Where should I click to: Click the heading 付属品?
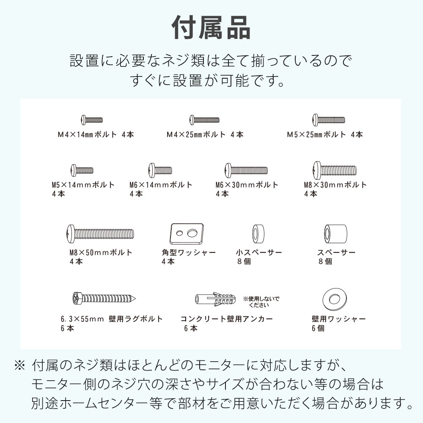click(x=211, y=27)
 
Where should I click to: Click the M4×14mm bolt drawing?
click(x=92, y=120)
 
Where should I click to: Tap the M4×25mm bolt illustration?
click(x=204, y=120)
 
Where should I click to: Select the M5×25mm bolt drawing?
click(x=329, y=120)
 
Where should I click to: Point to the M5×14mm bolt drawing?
click(x=82, y=170)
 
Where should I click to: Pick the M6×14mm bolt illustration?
click(x=160, y=170)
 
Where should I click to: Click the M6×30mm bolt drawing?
click(x=247, y=170)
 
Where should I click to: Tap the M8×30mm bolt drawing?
click(x=335, y=170)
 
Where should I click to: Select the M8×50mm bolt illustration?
click(x=100, y=234)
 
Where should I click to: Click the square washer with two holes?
click(x=187, y=234)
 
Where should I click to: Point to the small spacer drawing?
click(x=258, y=234)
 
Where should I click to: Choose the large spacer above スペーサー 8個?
click(x=335, y=234)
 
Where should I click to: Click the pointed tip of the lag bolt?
click(x=135, y=299)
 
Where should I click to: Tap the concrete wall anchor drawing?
click(x=215, y=299)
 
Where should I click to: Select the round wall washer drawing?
click(x=335, y=299)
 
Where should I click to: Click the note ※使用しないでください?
click(x=261, y=302)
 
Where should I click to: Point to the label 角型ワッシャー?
click(x=189, y=253)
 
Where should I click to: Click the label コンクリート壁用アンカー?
click(x=227, y=319)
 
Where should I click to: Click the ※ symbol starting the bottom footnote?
click(x=20, y=366)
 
